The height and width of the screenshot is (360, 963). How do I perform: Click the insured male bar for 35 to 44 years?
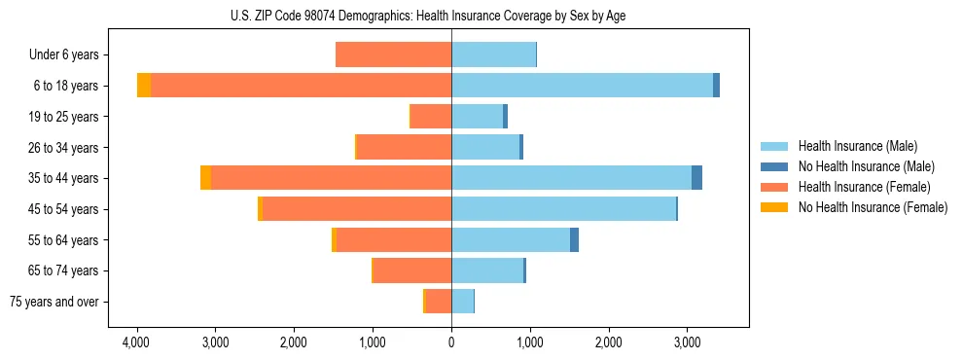(x=571, y=178)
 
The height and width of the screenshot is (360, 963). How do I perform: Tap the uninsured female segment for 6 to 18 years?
(x=144, y=86)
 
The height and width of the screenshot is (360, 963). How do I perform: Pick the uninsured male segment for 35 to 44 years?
(x=696, y=178)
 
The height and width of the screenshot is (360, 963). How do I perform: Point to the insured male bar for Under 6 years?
(x=493, y=54)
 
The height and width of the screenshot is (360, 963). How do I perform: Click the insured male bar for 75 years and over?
(x=462, y=302)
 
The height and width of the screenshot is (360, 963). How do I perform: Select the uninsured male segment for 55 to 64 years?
(x=574, y=239)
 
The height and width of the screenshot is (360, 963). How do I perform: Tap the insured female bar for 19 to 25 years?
(x=431, y=117)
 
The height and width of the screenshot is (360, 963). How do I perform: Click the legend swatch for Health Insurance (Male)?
(x=774, y=146)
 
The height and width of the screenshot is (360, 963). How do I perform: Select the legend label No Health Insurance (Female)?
(x=873, y=207)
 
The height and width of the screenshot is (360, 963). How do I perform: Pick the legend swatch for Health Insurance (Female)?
(x=774, y=187)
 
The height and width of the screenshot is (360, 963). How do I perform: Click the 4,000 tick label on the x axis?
(x=136, y=343)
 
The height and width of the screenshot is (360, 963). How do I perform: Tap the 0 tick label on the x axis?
(x=451, y=343)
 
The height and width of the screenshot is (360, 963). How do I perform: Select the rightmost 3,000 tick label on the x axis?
(x=687, y=343)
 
